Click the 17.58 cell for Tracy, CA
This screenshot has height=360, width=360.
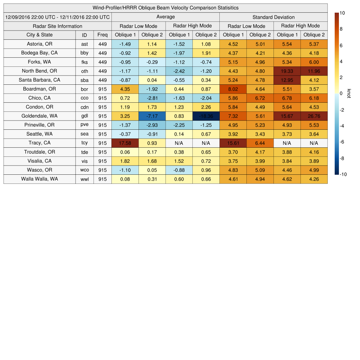click(125, 143)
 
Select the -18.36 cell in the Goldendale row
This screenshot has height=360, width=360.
click(206, 116)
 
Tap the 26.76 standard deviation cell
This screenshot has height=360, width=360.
click(314, 116)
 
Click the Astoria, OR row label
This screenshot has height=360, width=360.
click(39, 44)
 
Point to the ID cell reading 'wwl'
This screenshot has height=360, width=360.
click(84, 179)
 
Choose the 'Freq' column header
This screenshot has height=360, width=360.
click(102, 35)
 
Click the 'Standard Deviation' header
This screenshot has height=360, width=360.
click(273, 17)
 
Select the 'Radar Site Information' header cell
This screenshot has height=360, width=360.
click(57, 26)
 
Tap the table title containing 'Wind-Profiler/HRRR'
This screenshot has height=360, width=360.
click(165, 8)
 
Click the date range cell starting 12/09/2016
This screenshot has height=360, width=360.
click(57, 17)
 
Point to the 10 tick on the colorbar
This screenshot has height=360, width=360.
click(342, 13)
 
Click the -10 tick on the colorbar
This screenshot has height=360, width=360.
click(343, 174)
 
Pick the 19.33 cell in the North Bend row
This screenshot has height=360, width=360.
click(287, 71)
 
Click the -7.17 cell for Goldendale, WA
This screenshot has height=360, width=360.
click(152, 116)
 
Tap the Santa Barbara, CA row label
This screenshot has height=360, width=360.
click(39, 80)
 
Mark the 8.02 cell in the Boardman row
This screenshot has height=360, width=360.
click(233, 89)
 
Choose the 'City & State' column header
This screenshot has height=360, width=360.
click(39, 35)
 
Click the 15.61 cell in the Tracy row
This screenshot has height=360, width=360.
click(233, 143)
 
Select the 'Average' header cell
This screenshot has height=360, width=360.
click(165, 17)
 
